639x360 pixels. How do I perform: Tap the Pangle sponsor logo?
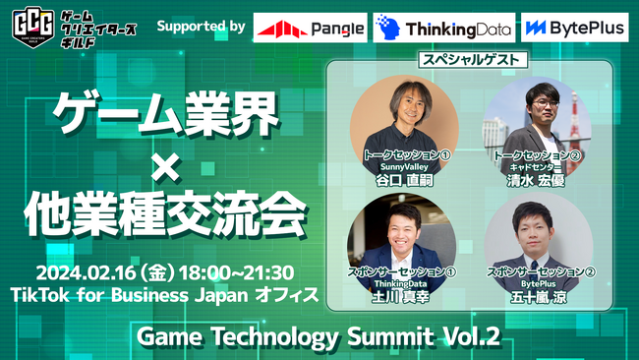click(x=309, y=29)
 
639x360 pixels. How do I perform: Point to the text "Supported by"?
click(x=200, y=26)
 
